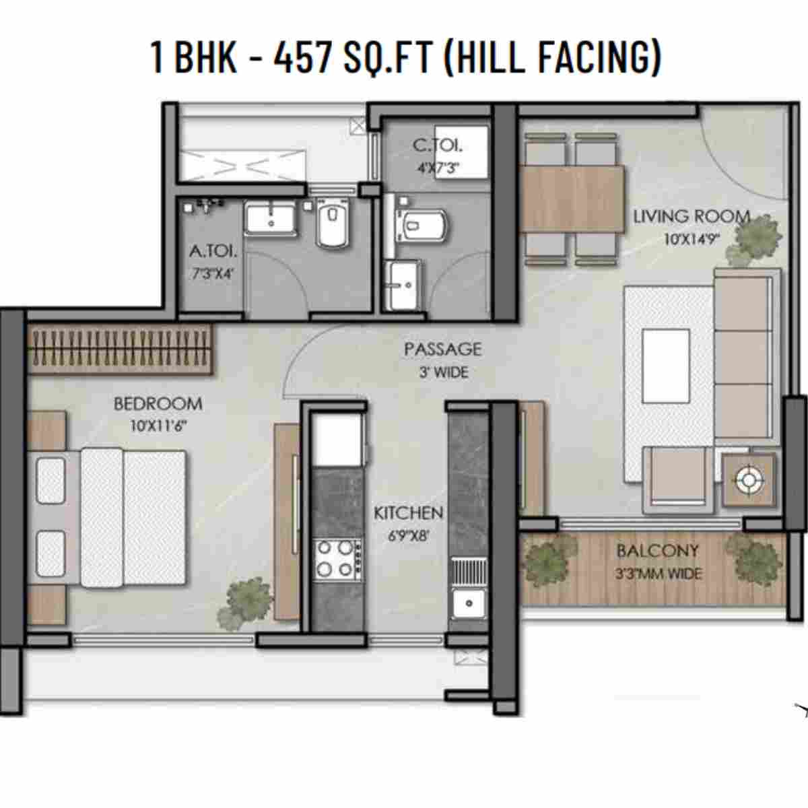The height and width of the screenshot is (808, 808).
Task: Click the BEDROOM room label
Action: [x=158, y=403]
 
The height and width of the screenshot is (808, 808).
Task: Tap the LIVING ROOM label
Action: [x=692, y=216]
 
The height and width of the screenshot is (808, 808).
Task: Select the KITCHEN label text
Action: [x=408, y=513]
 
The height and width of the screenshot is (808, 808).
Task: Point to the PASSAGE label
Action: [x=442, y=349]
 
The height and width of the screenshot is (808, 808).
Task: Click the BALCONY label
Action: [x=657, y=551]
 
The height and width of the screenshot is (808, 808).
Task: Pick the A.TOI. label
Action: [x=213, y=251]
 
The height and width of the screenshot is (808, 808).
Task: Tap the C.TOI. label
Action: [x=438, y=145]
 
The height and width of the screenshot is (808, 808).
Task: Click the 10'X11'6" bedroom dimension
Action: [x=158, y=426]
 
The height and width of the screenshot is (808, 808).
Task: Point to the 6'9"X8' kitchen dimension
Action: [x=408, y=536]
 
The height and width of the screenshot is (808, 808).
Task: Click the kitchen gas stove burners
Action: [x=336, y=558]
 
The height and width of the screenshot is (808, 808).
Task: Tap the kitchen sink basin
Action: [x=469, y=601]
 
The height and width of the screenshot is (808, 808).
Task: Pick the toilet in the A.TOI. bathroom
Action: [x=333, y=224]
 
